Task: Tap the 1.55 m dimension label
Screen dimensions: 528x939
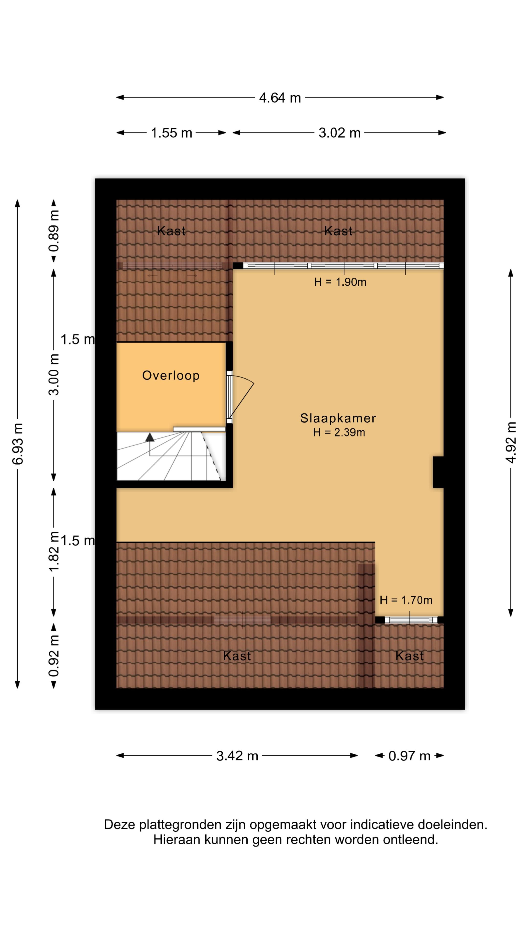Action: tap(171, 133)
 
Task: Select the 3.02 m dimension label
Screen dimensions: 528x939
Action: tap(339, 133)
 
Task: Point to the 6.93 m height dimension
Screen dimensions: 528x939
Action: tap(18, 444)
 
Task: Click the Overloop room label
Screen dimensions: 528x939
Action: tap(171, 375)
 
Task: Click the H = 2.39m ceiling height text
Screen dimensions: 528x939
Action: tap(339, 432)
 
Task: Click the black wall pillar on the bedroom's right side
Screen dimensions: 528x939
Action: tap(438, 472)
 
